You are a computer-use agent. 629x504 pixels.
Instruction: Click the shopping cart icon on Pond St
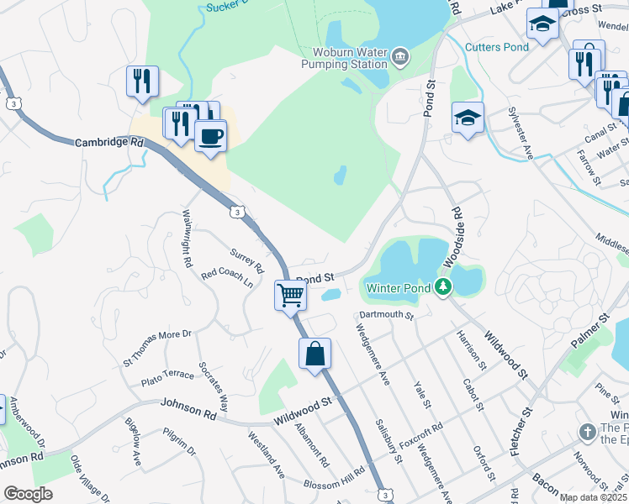coord(290,296)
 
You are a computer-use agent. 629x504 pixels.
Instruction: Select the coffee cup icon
coord(210,135)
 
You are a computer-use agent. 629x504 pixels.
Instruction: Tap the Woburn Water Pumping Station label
coord(346,57)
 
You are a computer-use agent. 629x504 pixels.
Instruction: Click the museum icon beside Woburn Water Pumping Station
coord(400,57)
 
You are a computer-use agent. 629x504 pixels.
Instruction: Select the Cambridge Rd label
coord(109,143)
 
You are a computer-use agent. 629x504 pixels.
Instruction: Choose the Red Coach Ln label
coord(227,277)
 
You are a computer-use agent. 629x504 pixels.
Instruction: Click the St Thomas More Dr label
coord(158,346)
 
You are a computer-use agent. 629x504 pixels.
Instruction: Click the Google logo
coord(28,494)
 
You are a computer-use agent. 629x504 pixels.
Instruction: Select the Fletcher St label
coord(522,432)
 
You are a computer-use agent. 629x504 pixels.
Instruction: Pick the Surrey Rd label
coord(247,261)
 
